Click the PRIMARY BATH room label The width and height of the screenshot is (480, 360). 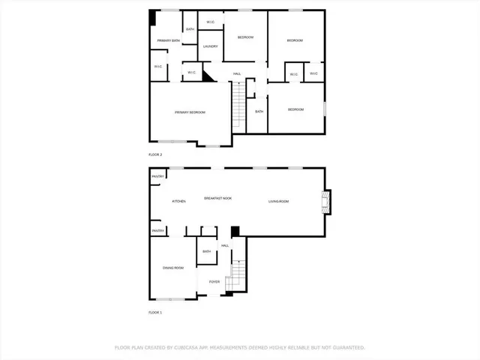[x=169, y=40]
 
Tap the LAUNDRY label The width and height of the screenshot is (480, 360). [x=211, y=46]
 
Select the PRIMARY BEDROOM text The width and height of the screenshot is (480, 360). [x=190, y=112]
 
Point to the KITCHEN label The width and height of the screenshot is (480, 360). [x=178, y=202]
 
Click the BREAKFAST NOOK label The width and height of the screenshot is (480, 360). [x=218, y=198]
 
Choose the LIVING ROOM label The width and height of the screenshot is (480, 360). [x=279, y=202]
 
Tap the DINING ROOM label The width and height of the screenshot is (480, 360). [x=173, y=268]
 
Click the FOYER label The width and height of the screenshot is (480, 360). [x=214, y=282]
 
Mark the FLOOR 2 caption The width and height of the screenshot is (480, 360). [x=155, y=154]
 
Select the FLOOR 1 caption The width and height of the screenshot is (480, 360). [x=155, y=312]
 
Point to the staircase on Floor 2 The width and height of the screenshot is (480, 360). [x=238, y=105]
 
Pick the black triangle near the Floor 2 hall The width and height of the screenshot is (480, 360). [x=208, y=76]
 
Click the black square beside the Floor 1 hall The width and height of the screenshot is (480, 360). [x=234, y=232]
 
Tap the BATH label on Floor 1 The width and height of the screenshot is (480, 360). [x=207, y=251]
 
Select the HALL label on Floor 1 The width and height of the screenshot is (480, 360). [x=225, y=245]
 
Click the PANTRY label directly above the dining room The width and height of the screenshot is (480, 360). [x=158, y=231]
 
